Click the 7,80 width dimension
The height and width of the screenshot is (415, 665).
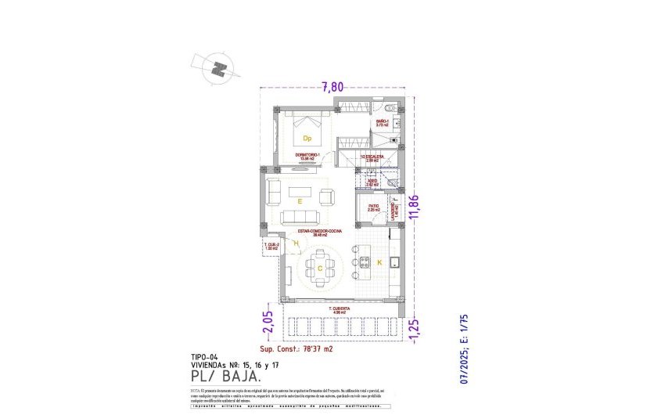pyautogui.click(x=333, y=87)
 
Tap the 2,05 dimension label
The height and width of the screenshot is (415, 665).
pyautogui.click(x=268, y=321)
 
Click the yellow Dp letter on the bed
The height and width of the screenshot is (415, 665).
pyautogui.click(x=307, y=139)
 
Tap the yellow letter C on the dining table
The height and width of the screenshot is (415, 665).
pyautogui.click(x=320, y=269)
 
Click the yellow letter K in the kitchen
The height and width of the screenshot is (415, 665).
pyautogui.click(x=379, y=263)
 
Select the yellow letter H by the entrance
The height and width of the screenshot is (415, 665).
pyautogui.click(x=296, y=244)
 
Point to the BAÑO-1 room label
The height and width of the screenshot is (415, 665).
pyautogui.click(x=383, y=123)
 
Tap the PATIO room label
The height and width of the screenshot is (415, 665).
pyautogui.click(x=373, y=208)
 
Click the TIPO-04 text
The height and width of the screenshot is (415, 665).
pyautogui.click(x=206, y=357)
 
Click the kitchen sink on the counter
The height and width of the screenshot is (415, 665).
pyautogui.click(x=395, y=262)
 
